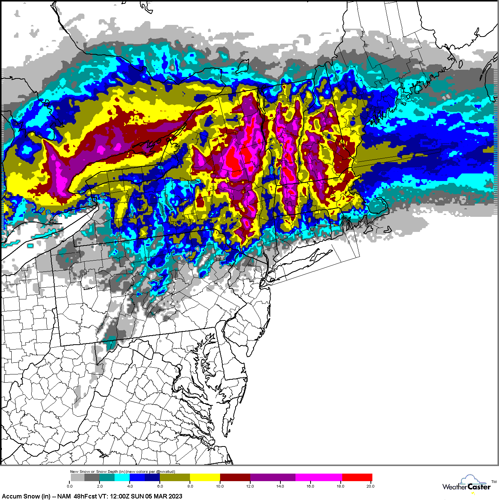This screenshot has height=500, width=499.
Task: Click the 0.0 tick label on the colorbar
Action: [x=70, y=486]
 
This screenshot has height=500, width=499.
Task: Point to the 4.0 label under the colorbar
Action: [x=130, y=486]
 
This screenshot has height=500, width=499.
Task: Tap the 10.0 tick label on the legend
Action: [x=220, y=486]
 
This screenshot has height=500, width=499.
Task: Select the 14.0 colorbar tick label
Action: [x=280, y=486]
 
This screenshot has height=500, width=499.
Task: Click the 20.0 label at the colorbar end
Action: [x=370, y=486]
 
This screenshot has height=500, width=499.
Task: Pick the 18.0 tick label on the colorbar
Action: [x=340, y=486]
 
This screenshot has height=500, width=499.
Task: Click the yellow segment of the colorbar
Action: [x=205, y=477]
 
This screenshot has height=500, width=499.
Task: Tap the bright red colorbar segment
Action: [x=357, y=477]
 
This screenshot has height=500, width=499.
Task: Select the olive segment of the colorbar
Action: [x=175, y=477]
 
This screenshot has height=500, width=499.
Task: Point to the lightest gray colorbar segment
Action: [x=77, y=477]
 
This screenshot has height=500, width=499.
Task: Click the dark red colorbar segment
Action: [x=235, y=477]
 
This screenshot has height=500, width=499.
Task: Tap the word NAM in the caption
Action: [x=64, y=496]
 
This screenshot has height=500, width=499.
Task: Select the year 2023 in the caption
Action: [x=174, y=496]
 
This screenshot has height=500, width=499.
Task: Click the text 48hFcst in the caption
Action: [x=86, y=496]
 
